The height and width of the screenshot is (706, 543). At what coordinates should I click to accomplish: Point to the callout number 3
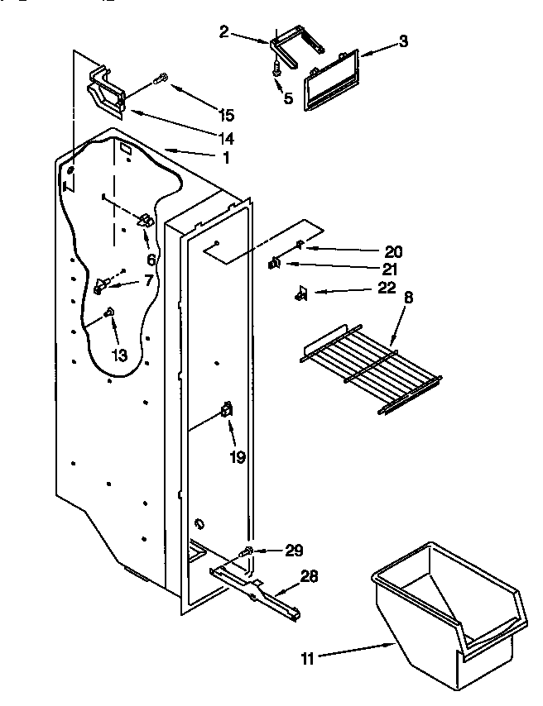point(402,42)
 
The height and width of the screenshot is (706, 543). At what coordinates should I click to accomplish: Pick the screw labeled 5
point(275,74)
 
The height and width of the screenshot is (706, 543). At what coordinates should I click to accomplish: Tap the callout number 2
point(223,32)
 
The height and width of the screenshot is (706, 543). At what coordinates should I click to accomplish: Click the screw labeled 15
point(161,79)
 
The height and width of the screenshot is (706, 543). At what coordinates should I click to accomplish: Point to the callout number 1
point(225,157)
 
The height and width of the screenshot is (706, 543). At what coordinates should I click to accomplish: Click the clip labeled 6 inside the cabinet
point(145,221)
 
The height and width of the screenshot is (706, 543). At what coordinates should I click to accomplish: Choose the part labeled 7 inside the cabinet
point(101,286)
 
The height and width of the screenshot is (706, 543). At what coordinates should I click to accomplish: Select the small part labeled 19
point(226,410)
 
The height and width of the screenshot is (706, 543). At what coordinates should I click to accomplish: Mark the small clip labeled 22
point(301,292)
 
